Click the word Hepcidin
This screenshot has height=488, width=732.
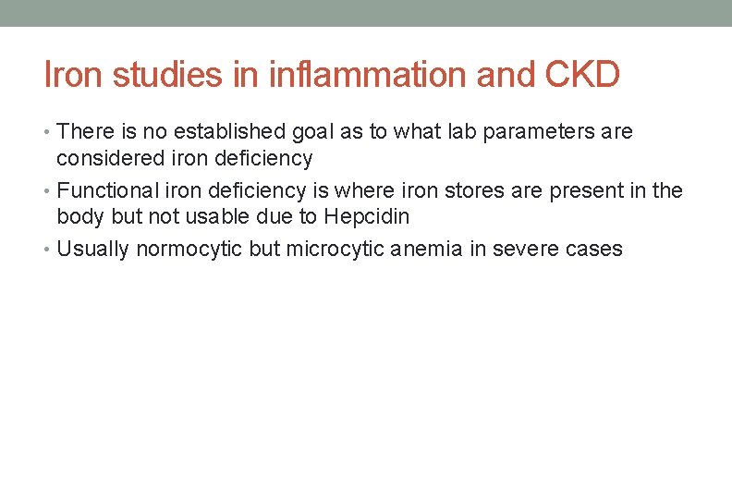coord(366,218)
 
